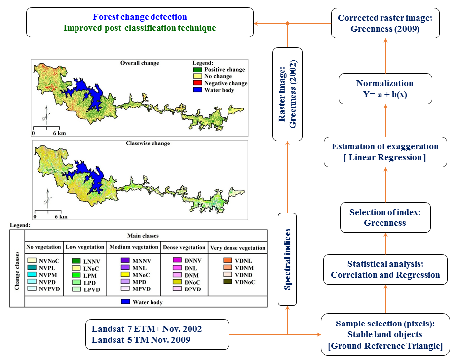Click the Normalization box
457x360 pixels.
[x=385, y=89]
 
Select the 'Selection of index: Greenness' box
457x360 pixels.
[x=385, y=217]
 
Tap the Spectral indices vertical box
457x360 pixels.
[x=287, y=259]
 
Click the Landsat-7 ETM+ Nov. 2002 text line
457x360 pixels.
[x=147, y=329]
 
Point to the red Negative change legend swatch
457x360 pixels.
[x=197, y=83]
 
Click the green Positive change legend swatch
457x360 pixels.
[x=197, y=70]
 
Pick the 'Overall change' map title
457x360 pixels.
[x=140, y=63]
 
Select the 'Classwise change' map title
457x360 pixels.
[x=148, y=143]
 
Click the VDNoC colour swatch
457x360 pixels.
[x=228, y=282]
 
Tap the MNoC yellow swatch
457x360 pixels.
[x=125, y=274]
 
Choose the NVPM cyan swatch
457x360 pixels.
[x=32, y=274]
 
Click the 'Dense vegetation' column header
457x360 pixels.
[x=184, y=247]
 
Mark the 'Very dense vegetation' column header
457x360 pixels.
[x=237, y=248]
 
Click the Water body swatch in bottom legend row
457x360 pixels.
[x=126, y=302]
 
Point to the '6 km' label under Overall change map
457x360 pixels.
[x=59, y=133]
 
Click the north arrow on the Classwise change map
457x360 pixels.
[x=47, y=198]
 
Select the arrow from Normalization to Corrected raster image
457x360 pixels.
[x=385, y=56]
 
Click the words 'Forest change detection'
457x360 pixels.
[x=140, y=17]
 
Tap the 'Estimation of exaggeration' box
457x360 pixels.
[x=385, y=152]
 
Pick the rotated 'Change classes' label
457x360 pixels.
[x=17, y=271]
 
